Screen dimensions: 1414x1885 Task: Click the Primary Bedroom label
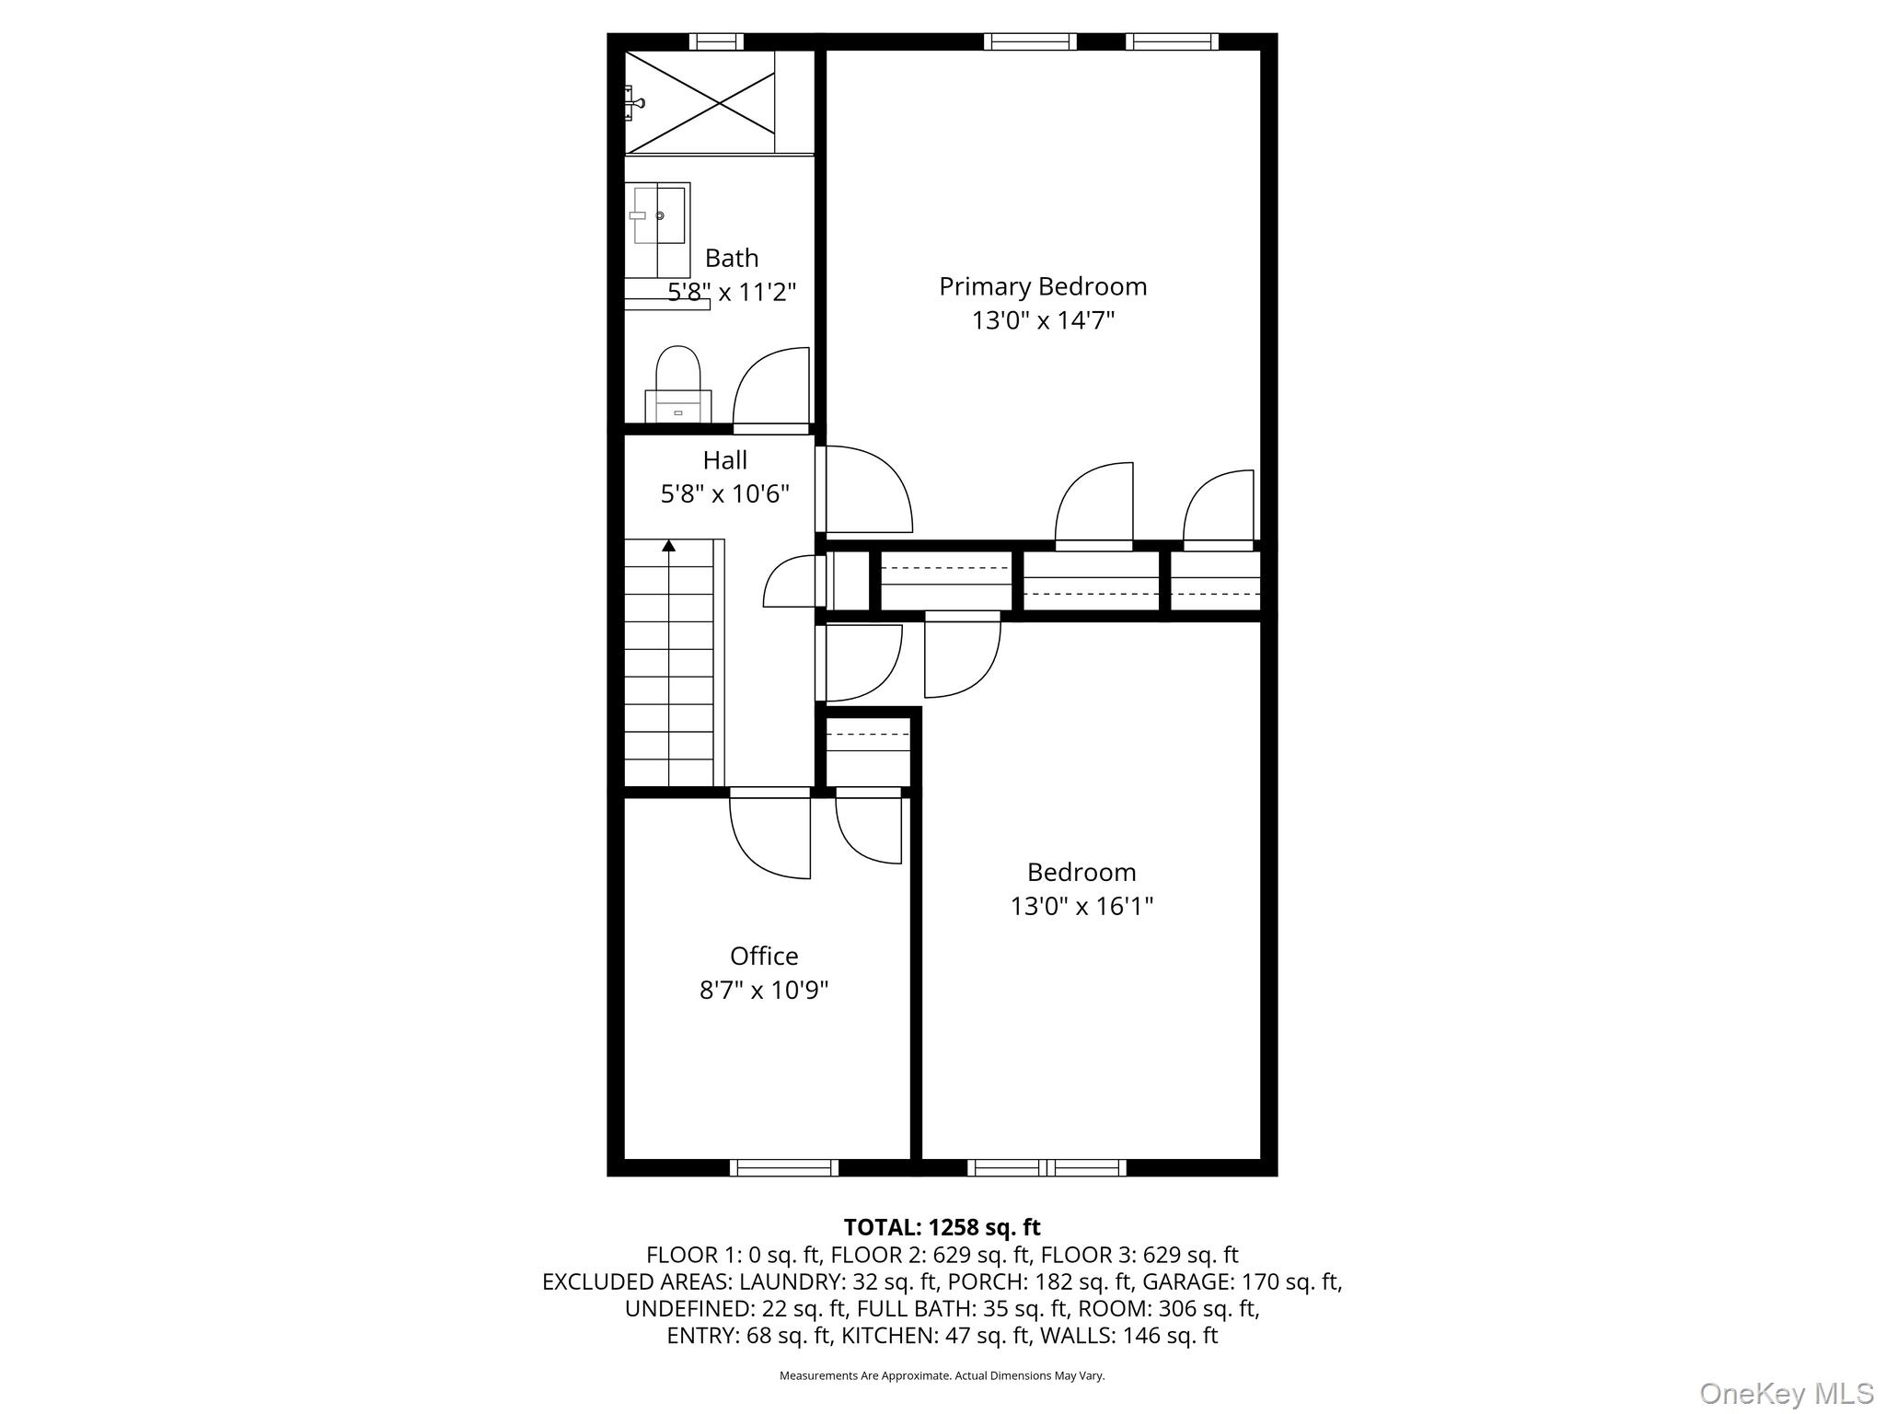(x=1043, y=286)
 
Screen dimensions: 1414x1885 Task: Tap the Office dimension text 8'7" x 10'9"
(x=764, y=991)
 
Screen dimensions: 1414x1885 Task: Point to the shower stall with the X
(x=700, y=101)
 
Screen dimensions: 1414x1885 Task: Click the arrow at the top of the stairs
(x=669, y=546)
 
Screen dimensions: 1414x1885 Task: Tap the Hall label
(x=724, y=460)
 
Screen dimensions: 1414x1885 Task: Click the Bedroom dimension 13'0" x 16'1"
(x=1081, y=907)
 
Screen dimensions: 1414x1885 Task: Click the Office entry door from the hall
(x=770, y=833)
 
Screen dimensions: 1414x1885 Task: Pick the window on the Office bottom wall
(x=784, y=1168)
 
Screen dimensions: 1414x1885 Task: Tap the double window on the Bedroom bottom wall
(x=1047, y=1168)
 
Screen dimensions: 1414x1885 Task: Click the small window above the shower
(x=716, y=41)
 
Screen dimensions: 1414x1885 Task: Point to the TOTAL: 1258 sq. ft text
(x=942, y=1227)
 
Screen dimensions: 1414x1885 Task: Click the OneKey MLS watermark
(x=1786, y=1394)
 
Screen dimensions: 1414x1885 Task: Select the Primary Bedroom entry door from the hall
(x=865, y=490)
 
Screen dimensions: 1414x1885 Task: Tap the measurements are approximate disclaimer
(x=942, y=1376)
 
